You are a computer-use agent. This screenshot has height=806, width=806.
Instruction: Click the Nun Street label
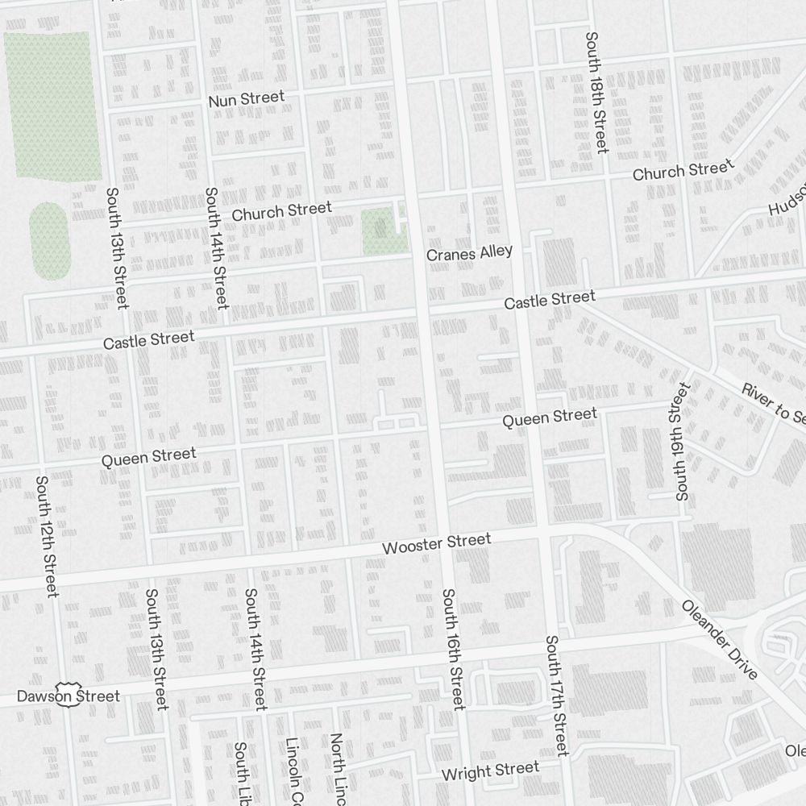(x=246, y=99)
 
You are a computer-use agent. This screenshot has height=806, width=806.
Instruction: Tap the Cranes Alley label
(x=469, y=253)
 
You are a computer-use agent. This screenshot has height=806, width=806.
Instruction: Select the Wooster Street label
(x=436, y=544)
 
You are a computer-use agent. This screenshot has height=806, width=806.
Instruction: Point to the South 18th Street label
(x=596, y=93)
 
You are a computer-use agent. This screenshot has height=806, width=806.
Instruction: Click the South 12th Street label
(x=46, y=536)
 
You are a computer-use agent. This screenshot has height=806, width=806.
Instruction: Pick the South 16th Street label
(x=453, y=649)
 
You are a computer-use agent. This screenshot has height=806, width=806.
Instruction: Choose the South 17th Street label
(x=556, y=696)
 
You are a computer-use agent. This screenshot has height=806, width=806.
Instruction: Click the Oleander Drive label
(x=720, y=639)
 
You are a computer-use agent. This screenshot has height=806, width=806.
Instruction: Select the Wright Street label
(x=490, y=771)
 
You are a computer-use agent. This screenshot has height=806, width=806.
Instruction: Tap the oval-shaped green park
(x=50, y=240)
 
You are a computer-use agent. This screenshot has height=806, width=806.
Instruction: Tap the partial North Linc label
(x=338, y=770)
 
